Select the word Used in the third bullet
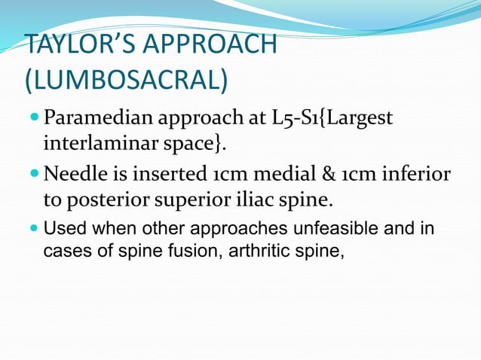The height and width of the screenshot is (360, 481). pyautogui.click(x=63, y=228)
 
